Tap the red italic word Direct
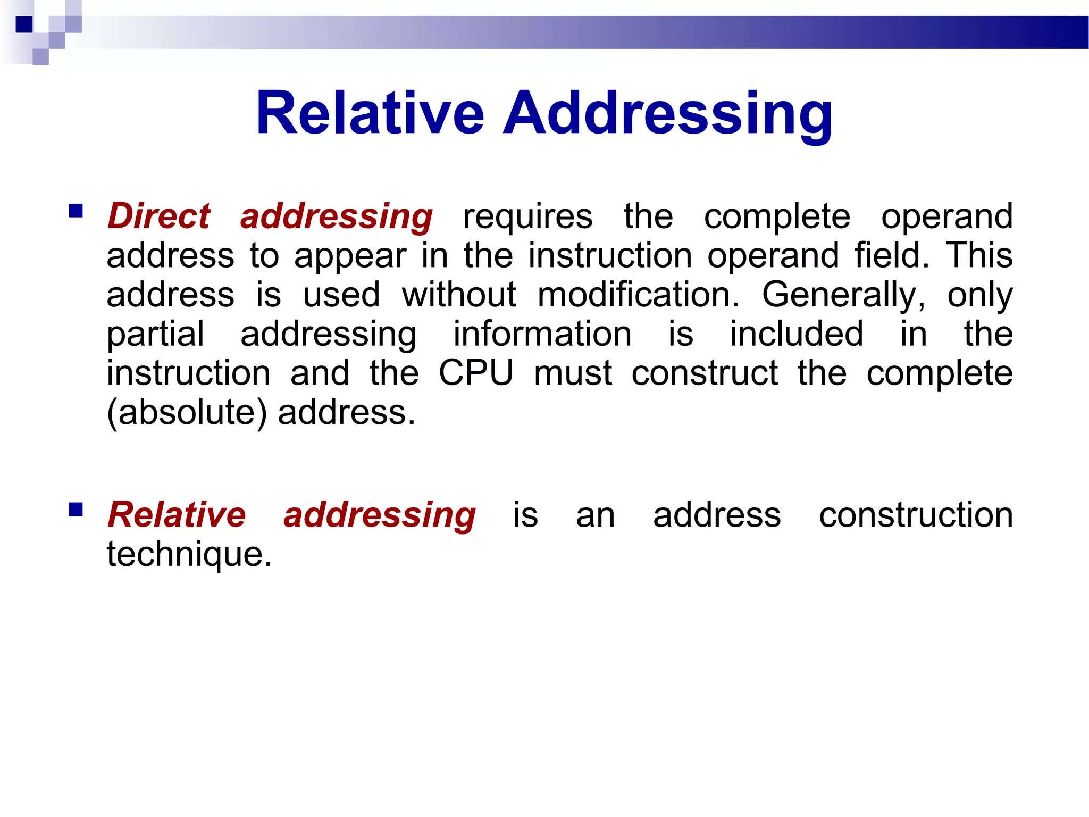[x=159, y=216]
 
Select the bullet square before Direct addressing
[x=76, y=212]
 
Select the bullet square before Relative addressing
[x=76, y=510]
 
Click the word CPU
[x=476, y=372]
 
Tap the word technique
[x=189, y=554]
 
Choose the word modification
[x=638, y=294]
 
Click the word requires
[x=527, y=217]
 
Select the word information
[x=542, y=334]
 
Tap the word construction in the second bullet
[x=916, y=515]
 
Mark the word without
[x=459, y=294]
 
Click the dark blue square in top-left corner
[x=24, y=24]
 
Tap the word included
[x=796, y=334]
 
